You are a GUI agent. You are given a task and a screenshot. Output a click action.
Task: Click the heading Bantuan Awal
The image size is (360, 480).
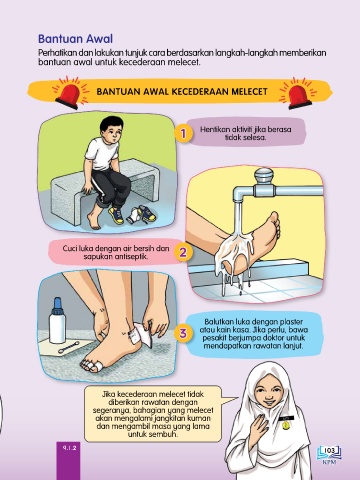click(75, 39)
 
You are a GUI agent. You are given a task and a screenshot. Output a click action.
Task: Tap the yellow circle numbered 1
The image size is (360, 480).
click(183, 134)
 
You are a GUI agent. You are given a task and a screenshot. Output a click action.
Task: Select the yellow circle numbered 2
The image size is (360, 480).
click(183, 252)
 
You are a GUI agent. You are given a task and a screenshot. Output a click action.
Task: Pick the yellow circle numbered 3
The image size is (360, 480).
click(183, 333)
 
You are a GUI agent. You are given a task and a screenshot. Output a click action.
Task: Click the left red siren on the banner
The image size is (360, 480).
click(69, 94)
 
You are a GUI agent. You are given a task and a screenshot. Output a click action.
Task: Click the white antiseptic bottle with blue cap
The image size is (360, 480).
click(57, 321)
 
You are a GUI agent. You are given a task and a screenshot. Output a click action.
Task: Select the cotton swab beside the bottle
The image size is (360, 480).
click(69, 347)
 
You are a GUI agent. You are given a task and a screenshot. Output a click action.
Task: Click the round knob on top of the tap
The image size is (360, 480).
click(264, 175)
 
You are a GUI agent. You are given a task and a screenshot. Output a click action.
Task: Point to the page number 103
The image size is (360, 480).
click(329, 451)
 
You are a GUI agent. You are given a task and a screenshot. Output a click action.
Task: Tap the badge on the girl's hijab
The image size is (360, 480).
click(286, 423)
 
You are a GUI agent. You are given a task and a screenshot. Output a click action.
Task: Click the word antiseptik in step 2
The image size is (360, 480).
click(132, 257)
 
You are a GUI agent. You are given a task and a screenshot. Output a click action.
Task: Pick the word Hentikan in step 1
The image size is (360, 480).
click(213, 129)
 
